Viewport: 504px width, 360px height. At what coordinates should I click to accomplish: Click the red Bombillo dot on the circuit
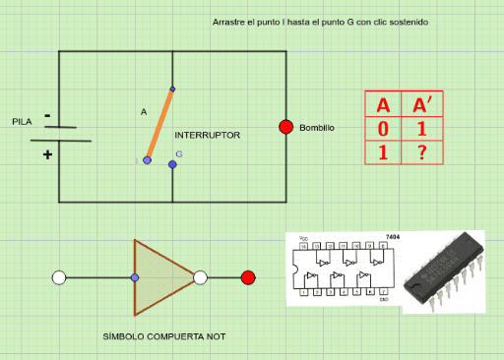point(285,127)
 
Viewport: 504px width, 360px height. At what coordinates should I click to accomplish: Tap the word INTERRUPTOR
point(207,134)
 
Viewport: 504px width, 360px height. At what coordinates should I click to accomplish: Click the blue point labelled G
point(172,164)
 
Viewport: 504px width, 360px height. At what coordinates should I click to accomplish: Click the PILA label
point(22,122)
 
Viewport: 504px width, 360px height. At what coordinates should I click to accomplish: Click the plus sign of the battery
point(47,154)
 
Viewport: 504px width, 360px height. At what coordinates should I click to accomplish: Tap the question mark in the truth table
point(420,152)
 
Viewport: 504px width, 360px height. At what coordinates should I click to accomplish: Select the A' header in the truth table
point(420,104)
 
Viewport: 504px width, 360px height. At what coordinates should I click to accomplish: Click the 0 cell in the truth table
point(383,129)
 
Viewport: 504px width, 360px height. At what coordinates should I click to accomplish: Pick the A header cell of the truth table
point(383,104)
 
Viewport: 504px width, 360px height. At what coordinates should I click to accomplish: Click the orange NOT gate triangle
point(159,277)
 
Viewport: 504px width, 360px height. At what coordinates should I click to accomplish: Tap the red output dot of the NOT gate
point(248,277)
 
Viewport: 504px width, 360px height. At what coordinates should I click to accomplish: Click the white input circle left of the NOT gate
point(59,278)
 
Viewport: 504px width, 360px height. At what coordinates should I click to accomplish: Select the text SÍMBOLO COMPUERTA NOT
point(163,336)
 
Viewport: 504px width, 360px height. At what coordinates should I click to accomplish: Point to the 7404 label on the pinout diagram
point(393,237)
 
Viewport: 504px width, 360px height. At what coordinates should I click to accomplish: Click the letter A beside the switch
point(144,112)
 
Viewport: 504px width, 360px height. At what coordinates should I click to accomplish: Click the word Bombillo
point(317,129)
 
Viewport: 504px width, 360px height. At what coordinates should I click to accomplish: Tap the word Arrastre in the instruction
point(228,22)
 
